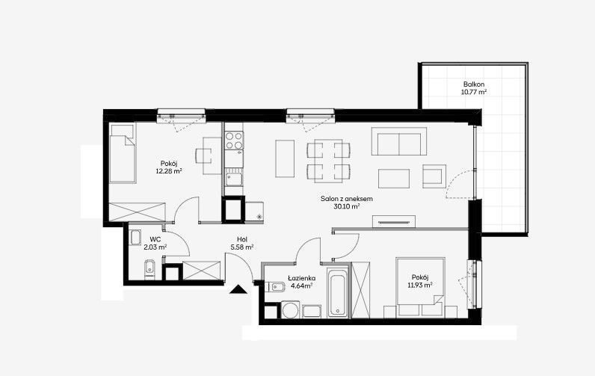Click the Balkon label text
tap(474, 84)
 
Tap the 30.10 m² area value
tap(346, 206)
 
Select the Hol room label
tap(241, 239)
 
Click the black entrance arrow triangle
tap(238, 289)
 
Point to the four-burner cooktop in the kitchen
tap(234, 141)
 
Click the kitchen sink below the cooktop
tap(235, 179)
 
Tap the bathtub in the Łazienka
tap(338, 292)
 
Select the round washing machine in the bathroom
tap(290, 309)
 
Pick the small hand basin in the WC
tap(136, 237)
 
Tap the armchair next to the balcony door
tap(434, 176)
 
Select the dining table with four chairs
tap(329, 161)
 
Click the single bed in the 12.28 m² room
tap(122, 154)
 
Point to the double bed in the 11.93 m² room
tap(420, 287)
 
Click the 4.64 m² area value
tap(301, 286)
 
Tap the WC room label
tap(155, 239)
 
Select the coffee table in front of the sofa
tap(394, 179)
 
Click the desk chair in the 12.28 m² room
tap(203, 155)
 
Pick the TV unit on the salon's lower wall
tap(394, 221)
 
